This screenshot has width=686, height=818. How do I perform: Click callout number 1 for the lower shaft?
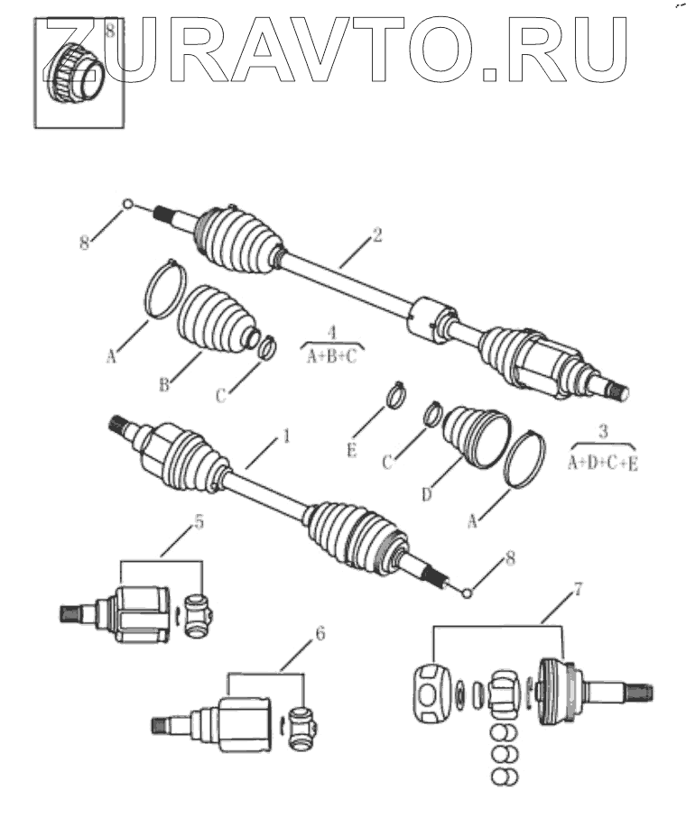point(287,437)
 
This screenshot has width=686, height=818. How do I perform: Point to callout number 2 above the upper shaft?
point(377,236)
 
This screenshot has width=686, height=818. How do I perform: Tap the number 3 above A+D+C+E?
point(603,430)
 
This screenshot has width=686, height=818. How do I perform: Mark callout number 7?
point(579,590)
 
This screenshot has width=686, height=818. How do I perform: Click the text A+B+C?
point(331,355)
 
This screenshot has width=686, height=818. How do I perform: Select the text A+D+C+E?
point(602,464)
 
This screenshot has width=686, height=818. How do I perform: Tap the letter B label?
point(165,386)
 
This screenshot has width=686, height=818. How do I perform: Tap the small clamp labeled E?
point(394,394)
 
